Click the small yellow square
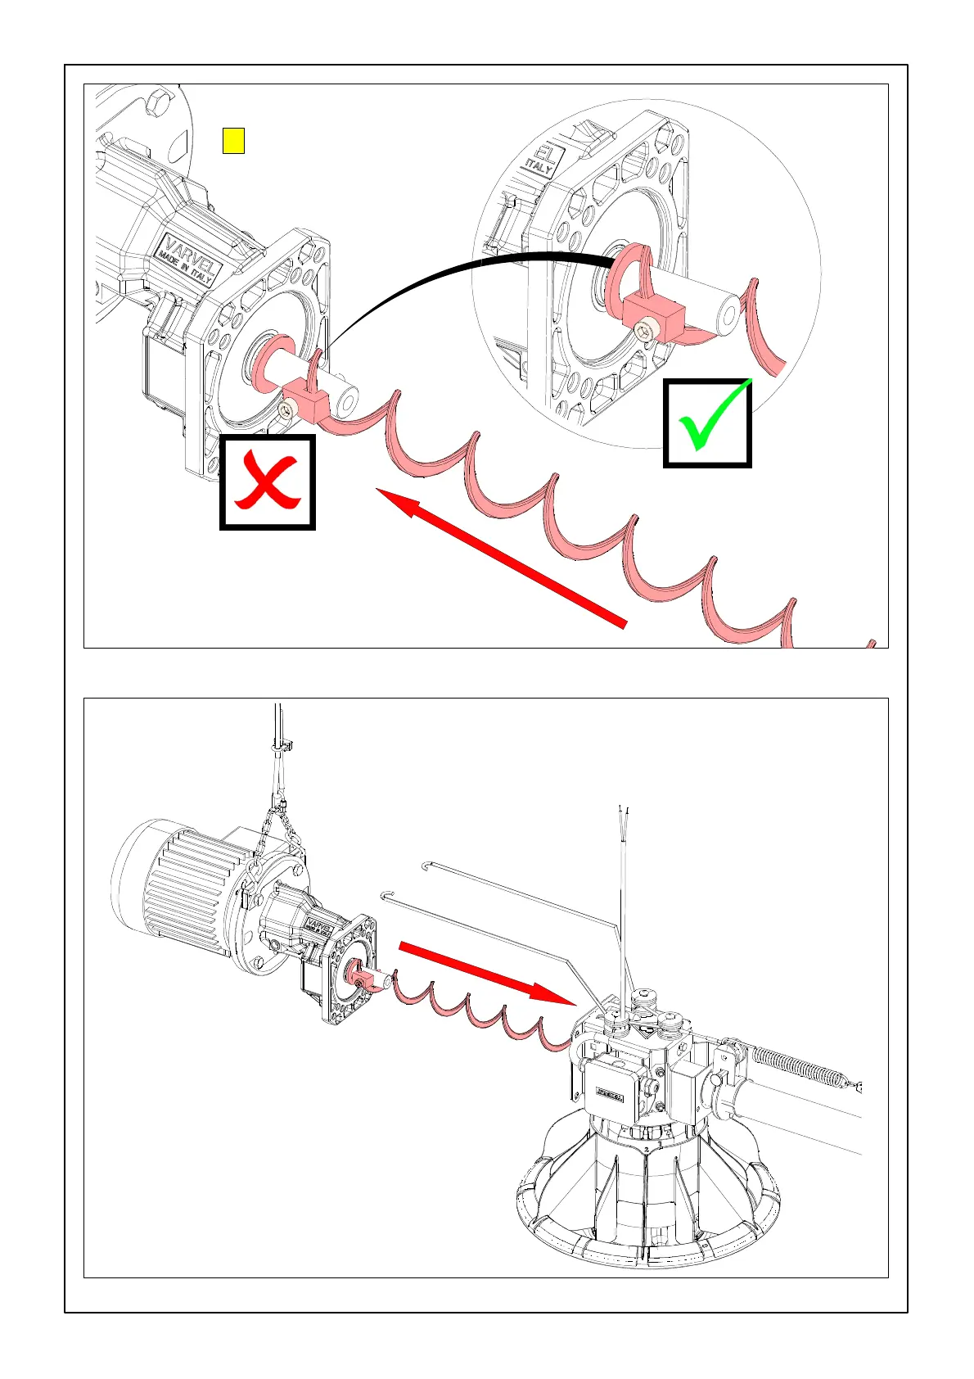click(x=233, y=141)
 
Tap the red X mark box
click(x=268, y=482)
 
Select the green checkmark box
click(x=707, y=423)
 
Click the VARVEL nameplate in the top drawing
click(x=190, y=258)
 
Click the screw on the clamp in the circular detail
click(x=645, y=331)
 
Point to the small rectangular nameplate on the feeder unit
click(x=610, y=1092)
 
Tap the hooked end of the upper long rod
click(x=426, y=865)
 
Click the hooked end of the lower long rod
click(x=387, y=893)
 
